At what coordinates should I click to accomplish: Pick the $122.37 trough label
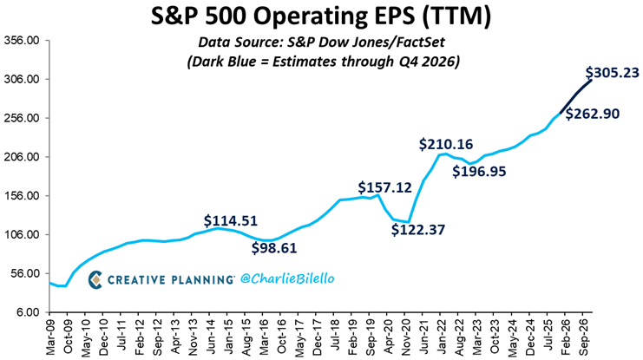(419, 230)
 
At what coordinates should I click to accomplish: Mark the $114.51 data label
(231, 219)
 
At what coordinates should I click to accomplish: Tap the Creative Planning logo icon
(97, 279)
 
